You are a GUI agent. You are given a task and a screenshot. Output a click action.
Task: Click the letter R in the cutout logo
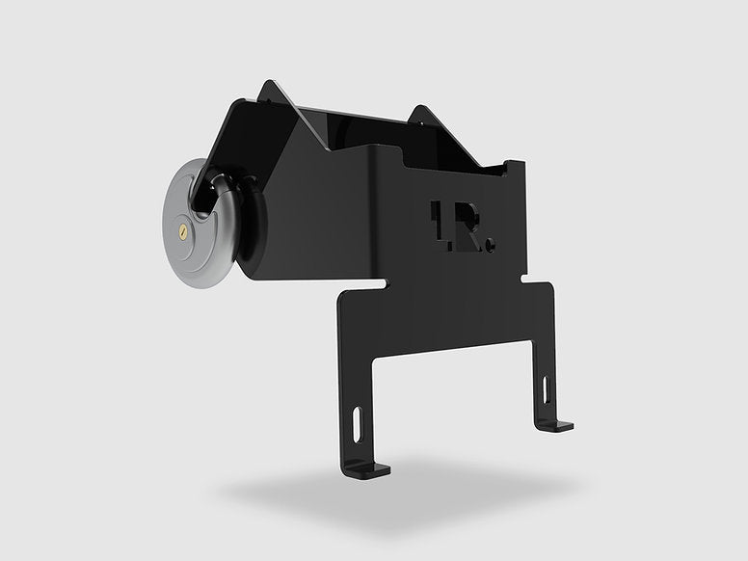tap(470, 228)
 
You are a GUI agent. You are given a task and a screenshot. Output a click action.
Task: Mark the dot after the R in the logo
tap(490, 247)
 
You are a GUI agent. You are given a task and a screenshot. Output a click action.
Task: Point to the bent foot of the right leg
tap(557, 425)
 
